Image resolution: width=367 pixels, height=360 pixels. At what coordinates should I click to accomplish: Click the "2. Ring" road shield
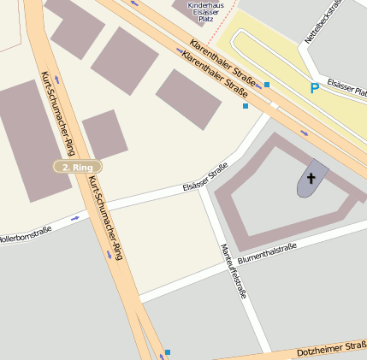coord(77,167)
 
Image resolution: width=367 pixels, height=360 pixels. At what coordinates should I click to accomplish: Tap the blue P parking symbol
coord(315,88)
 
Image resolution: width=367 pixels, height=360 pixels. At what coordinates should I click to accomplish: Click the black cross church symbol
coord(311,179)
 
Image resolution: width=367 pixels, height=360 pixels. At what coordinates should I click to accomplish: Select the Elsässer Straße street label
coord(205,177)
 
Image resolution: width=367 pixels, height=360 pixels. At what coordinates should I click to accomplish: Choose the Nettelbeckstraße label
coord(323,22)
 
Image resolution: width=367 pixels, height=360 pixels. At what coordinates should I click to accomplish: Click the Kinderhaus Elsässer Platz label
coord(205,11)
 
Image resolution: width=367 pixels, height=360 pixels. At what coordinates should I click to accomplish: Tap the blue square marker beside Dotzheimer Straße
coord(168,352)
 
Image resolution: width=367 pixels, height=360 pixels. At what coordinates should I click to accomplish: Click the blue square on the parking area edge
coord(267,85)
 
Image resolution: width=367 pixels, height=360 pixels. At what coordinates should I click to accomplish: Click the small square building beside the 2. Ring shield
coord(104,134)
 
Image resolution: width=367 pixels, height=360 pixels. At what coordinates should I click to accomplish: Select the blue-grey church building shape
coord(313,178)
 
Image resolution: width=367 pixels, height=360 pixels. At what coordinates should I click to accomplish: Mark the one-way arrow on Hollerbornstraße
coord(75,217)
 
